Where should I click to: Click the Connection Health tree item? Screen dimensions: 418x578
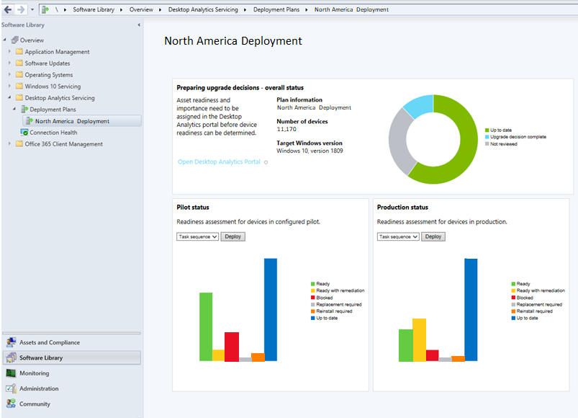pyautogui.click(x=53, y=133)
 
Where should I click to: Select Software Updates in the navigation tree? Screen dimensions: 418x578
pyautogui.click(x=48, y=63)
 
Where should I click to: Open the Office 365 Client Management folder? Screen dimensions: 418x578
pyautogui.click(x=63, y=144)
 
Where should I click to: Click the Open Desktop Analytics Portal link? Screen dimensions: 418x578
pyautogui.click(x=219, y=162)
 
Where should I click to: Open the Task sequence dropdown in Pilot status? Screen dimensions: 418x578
pyautogui.click(x=197, y=236)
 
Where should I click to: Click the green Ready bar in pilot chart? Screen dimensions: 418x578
pyautogui.click(x=206, y=326)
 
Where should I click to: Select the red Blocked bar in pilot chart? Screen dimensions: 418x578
pyautogui.click(x=231, y=346)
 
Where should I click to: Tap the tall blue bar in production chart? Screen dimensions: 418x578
pyautogui.click(x=471, y=310)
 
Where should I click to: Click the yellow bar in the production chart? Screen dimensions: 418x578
pyautogui.click(x=419, y=339)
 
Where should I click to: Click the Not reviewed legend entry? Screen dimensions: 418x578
pyautogui.click(x=503, y=144)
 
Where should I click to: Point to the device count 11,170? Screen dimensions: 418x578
pyautogui.click(x=286, y=129)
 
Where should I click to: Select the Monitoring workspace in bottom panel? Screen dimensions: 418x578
pyautogui.click(x=35, y=373)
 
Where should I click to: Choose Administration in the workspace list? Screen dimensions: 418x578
pyautogui.click(x=39, y=388)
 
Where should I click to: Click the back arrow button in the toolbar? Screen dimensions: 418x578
pyautogui.click(x=7, y=9)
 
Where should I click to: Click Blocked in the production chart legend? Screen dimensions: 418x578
pyautogui.click(x=525, y=298)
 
